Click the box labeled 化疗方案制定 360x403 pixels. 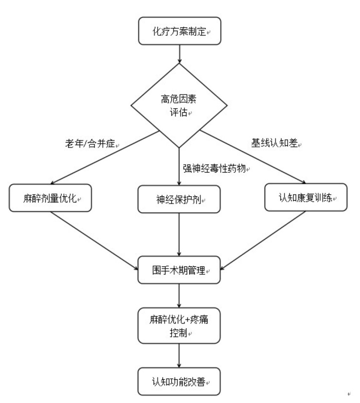click(179, 31)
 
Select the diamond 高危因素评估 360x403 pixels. click(179, 105)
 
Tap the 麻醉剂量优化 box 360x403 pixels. click(51, 198)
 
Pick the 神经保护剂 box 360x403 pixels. click(179, 199)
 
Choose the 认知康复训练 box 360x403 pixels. click(306, 198)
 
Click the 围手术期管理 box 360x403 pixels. click(179, 270)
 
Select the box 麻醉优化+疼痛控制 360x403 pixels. click(179, 326)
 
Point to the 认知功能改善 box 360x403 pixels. click(179, 382)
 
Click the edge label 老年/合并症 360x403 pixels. click(90, 143)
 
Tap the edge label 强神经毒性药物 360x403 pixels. click(214, 168)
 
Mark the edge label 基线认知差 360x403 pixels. click(274, 143)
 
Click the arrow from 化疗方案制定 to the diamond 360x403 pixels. click(179, 54)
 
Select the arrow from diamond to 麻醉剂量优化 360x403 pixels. click(105, 157)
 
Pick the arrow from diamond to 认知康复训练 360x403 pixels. click(253, 157)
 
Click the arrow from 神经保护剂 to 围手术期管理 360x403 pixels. click(179, 235)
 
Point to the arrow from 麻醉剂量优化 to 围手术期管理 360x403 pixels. click(94, 241)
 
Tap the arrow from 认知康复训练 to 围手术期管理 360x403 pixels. click(263, 240)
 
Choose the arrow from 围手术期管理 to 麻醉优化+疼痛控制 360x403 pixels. click(179, 296)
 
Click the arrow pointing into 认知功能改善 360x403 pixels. click(179, 356)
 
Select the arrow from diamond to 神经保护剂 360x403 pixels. click(179, 167)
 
